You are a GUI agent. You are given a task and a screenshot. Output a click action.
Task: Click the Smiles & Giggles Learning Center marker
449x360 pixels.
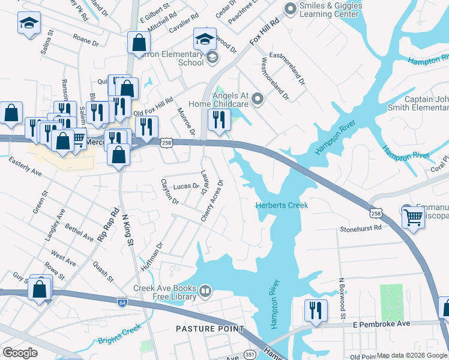point(291,8)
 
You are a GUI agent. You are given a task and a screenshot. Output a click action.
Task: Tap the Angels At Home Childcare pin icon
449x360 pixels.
point(258,98)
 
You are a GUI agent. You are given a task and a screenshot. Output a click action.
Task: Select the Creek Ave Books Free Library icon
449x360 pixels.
point(205,292)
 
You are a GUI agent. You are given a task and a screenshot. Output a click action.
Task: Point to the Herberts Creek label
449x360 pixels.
point(282,205)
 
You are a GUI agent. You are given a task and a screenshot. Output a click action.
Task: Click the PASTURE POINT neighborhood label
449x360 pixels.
point(210,329)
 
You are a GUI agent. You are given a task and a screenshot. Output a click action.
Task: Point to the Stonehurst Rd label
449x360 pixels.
point(360,228)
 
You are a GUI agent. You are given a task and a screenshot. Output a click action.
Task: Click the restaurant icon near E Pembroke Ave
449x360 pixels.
point(316,311)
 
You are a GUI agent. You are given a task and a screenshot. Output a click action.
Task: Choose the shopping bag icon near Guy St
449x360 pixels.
point(40,289)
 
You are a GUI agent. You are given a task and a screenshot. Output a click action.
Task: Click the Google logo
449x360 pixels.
point(20,352)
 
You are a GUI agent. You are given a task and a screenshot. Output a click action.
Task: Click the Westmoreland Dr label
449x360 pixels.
point(273,79)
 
